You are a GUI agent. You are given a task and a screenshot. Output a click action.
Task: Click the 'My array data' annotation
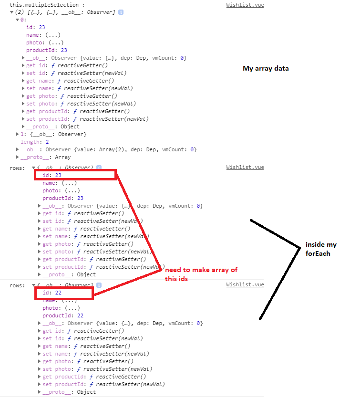click(x=266, y=69)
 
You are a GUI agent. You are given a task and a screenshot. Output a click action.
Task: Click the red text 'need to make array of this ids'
click(x=201, y=274)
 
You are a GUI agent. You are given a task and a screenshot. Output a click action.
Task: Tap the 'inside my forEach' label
click(x=321, y=249)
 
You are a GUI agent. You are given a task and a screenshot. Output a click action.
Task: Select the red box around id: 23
click(x=75, y=175)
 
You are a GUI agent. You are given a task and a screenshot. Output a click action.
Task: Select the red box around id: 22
click(x=64, y=293)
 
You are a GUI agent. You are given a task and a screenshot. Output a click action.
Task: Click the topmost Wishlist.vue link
click(x=245, y=5)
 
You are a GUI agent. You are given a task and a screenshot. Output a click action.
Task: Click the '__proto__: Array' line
click(x=46, y=157)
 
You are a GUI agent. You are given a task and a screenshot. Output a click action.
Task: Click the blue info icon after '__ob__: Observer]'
click(x=121, y=12)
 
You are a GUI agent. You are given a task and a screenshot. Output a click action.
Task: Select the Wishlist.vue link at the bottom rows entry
click(x=245, y=285)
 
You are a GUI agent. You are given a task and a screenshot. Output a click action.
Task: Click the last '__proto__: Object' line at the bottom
click(x=69, y=392)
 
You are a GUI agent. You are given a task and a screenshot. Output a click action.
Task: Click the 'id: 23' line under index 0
click(x=35, y=28)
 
